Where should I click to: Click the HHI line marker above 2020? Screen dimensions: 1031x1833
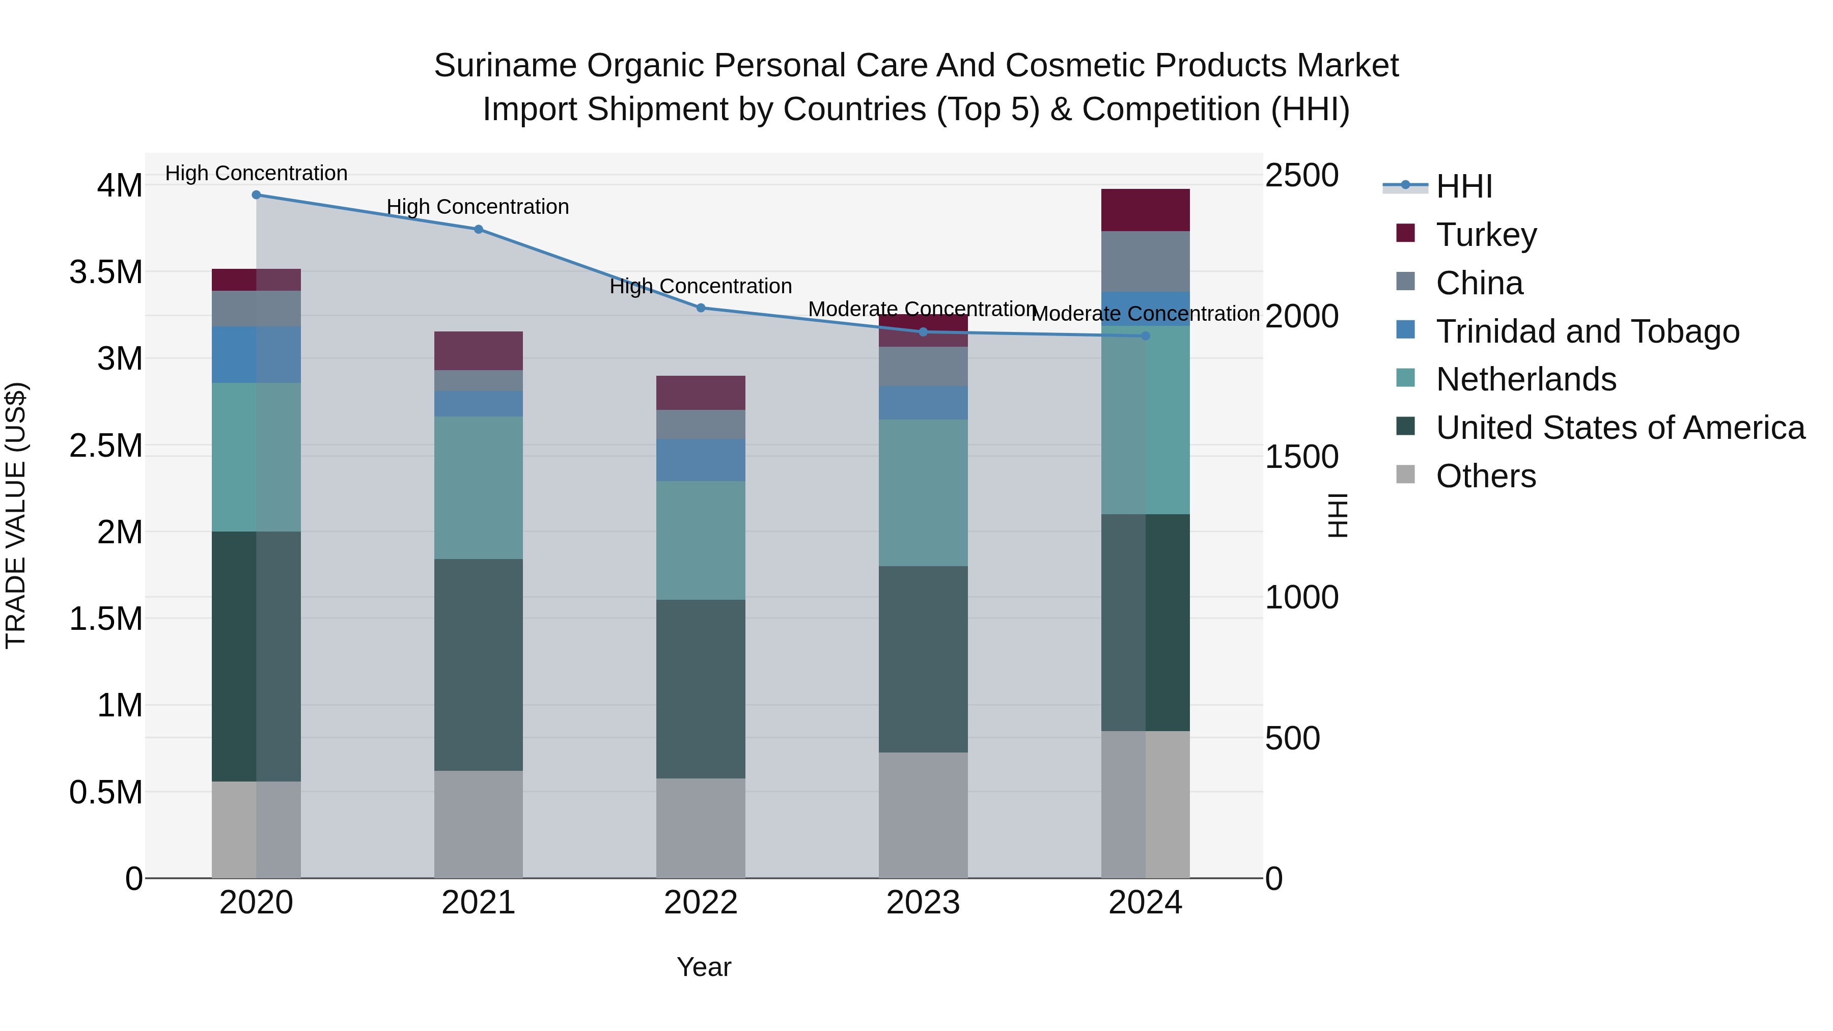coord(256,195)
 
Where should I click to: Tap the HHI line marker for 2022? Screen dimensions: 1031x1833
coord(701,308)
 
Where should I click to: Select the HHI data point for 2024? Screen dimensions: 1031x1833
coord(1146,336)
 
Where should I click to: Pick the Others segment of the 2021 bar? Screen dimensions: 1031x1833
coord(478,824)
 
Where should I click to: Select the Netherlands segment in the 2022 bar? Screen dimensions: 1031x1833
coord(701,540)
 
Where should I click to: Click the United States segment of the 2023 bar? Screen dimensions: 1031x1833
coord(923,659)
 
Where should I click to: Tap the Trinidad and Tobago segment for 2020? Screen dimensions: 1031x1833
coord(256,354)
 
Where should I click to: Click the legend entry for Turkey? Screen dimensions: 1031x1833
coord(1486,235)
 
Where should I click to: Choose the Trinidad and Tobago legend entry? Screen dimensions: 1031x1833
coord(1587,331)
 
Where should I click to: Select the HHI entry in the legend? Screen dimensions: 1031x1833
coord(1464,186)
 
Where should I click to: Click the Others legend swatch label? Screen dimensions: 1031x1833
coord(1485,476)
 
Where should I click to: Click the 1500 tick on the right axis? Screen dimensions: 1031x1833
coord(1301,457)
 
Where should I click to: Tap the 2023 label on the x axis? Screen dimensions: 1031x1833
coord(923,903)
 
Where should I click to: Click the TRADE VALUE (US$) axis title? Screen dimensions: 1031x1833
coord(16,515)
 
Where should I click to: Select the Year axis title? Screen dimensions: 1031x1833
coord(704,967)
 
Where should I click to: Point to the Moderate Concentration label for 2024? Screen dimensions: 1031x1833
coord(1145,314)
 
